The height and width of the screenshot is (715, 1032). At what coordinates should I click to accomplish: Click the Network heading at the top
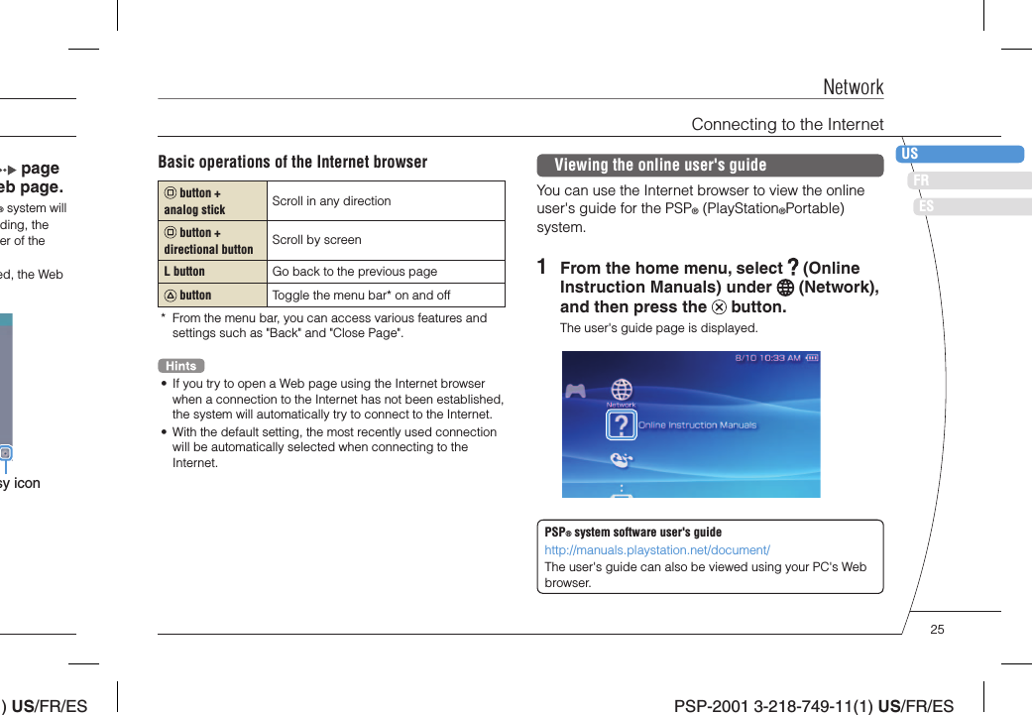(x=853, y=87)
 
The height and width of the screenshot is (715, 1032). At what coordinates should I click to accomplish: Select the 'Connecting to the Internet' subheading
(x=787, y=124)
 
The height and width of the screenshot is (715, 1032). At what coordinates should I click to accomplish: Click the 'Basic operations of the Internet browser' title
(x=292, y=162)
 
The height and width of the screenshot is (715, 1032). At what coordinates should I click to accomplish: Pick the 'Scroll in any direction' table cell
(x=331, y=201)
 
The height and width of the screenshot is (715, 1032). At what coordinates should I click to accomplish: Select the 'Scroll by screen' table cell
(x=316, y=240)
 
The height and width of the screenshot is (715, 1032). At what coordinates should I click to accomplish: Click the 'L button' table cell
(x=184, y=272)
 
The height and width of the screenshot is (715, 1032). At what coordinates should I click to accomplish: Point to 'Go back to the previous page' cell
(x=354, y=272)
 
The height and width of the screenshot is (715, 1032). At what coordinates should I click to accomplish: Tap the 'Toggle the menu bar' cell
(x=361, y=296)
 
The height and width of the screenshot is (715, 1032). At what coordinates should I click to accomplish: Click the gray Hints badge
(x=180, y=366)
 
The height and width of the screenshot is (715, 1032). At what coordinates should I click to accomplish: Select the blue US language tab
(x=960, y=154)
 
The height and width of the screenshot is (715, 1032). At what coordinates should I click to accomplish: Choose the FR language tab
(x=969, y=180)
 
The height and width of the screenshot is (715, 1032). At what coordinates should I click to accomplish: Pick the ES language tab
(x=973, y=206)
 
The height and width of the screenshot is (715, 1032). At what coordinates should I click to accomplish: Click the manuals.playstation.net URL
(x=657, y=549)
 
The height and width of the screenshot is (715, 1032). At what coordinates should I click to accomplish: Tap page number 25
(x=937, y=630)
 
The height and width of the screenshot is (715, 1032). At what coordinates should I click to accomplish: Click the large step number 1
(x=541, y=268)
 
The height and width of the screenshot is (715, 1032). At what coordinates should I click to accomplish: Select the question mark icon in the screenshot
(x=621, y=424)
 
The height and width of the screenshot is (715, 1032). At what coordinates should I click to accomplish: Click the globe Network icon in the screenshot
(x=622, y=389)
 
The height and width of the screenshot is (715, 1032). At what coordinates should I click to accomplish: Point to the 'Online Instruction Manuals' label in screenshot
(x=697, y=425)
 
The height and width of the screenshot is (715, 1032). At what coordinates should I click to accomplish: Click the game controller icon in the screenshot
(x=575, y=391)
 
